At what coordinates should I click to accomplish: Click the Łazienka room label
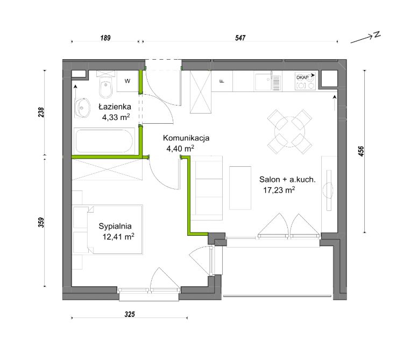point(115,107)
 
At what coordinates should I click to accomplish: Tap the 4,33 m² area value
point(116,117)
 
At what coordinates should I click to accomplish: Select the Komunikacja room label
point(186,138)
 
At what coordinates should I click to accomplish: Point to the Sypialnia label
point(115,226)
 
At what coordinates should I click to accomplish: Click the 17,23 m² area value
point(279,190)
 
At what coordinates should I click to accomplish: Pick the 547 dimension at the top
point(240,38)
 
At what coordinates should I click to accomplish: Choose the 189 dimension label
point(105,38)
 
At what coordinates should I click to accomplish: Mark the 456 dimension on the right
point(361,151)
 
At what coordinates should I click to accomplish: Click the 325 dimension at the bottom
point(130,314)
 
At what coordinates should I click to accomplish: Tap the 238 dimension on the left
point(41,112)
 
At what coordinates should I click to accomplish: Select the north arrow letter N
point(377,34)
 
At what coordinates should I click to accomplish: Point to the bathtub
point(104,141)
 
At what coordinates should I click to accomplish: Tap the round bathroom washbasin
point(82,108)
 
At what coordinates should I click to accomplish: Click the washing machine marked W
point(127,81)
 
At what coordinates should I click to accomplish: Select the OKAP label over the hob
point(302,77)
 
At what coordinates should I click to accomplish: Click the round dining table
point(290,132)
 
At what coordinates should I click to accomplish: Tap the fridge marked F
point(222,81)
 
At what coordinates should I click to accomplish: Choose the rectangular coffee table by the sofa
point(240,188)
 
